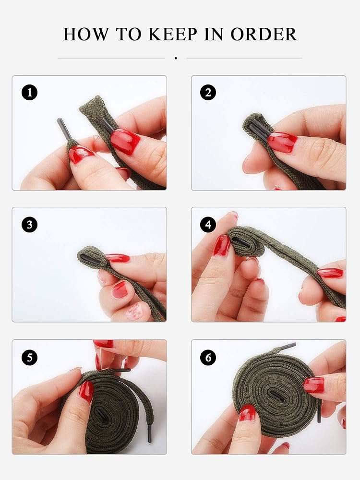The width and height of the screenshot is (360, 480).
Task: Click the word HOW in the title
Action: click(x=86, y=34)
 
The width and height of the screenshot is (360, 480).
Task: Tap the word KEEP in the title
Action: click(x=172, y=34)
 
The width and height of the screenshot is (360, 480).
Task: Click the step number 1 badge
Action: click(x=30, y=92)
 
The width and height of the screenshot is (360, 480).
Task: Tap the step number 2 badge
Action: click(x=208, y=92)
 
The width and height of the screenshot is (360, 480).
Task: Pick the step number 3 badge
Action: click(x=30, y=225)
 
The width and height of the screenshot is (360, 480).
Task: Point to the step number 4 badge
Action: click(x=208, y=225)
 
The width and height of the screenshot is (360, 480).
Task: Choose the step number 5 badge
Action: click(x=30, y=357)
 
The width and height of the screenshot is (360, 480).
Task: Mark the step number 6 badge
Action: click(x=208, y=357)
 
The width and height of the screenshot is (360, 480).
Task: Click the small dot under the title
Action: click(x=176, y=58)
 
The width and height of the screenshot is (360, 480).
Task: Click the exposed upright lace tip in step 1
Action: click(x=64, y=129)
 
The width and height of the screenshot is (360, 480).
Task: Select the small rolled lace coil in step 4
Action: click(x=246, y=242)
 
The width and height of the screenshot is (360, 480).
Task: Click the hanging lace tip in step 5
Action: click(x=149, y=433)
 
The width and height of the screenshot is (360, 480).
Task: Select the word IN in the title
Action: click(x=214, y=34)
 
